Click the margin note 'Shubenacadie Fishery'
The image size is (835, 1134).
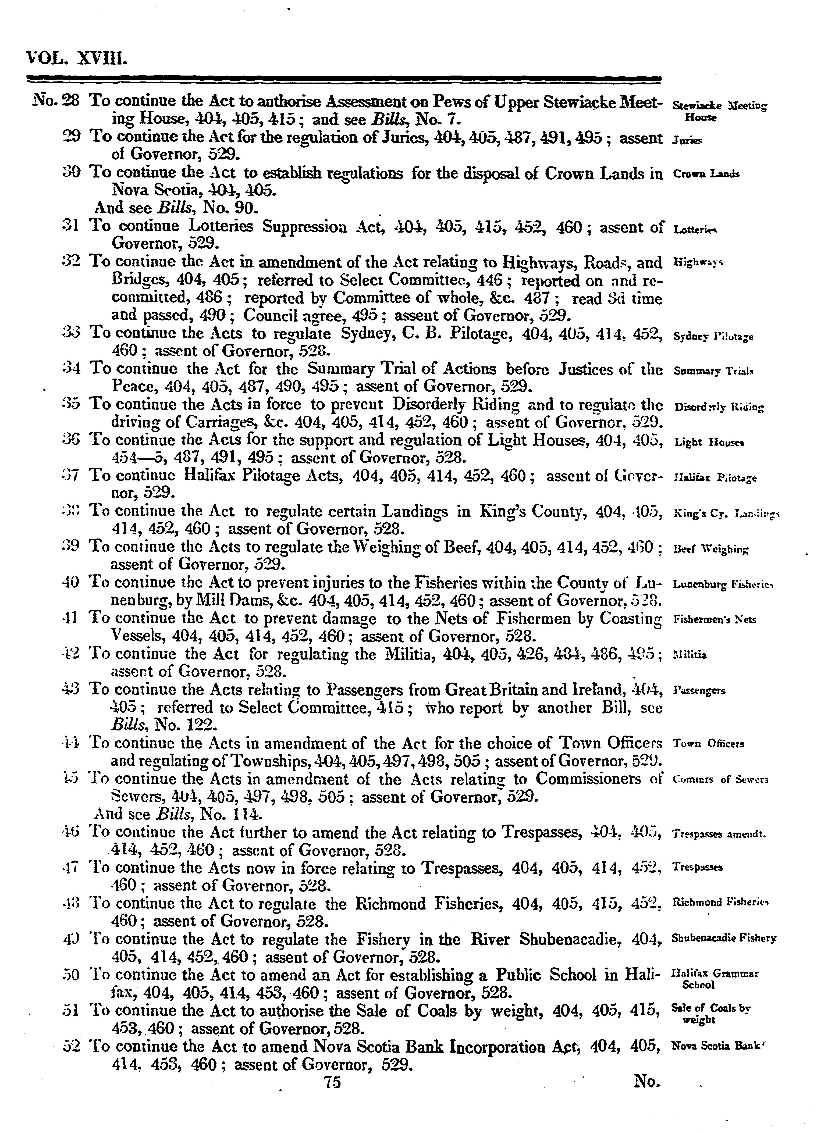(x=723, y=939)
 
